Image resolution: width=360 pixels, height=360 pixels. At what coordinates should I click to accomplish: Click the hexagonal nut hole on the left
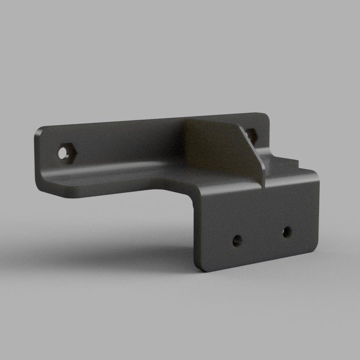point(66,153)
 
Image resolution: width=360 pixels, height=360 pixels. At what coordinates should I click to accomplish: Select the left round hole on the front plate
point(237,241)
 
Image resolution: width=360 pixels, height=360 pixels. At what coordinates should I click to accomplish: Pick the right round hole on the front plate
point(287,232)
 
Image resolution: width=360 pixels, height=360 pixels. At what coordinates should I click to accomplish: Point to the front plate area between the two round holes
point(262,236)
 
